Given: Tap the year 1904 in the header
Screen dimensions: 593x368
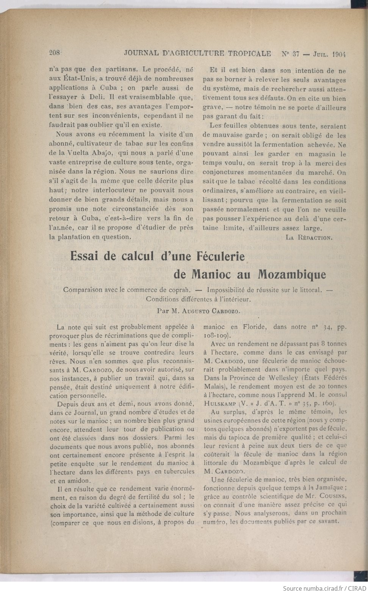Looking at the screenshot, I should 339,54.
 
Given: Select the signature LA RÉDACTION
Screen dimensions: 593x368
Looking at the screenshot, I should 309,237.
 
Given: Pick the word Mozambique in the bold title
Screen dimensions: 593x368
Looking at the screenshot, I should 291,274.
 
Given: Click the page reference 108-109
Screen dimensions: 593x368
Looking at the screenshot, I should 215,335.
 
